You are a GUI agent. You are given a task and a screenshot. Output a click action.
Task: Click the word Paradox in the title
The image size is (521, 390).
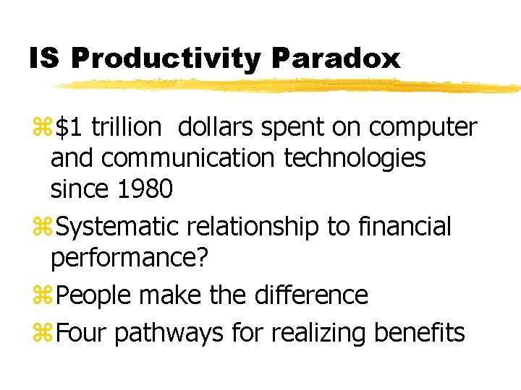pos(336,58)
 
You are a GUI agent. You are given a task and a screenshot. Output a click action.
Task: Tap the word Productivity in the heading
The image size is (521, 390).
pos(166,59)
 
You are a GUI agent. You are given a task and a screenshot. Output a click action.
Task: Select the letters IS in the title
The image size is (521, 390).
pos(45,58)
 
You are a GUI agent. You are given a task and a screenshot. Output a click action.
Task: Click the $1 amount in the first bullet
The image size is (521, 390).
pos(69,126)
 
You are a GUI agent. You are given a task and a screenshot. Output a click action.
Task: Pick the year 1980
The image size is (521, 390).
pos(145,188)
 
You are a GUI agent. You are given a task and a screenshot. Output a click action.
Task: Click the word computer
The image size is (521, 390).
pos(423,129)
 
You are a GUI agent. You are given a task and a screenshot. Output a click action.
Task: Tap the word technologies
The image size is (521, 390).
pos(355,159)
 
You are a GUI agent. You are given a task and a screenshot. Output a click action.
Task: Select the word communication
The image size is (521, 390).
pos(187,157)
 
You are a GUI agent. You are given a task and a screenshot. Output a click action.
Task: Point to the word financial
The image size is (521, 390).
pos(404,225)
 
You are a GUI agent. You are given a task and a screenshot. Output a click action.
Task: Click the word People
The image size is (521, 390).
pos(93,295)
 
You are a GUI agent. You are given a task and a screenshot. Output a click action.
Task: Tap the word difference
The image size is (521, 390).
pos(311,294)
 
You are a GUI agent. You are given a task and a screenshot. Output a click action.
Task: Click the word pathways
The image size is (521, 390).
pos(169,334)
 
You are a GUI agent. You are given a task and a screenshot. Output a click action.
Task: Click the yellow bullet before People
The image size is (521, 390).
pos(43,295)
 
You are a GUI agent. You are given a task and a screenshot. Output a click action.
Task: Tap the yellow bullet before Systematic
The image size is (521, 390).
pos(43,226)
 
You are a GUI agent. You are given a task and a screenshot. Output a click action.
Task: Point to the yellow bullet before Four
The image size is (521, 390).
pos(43,333)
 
